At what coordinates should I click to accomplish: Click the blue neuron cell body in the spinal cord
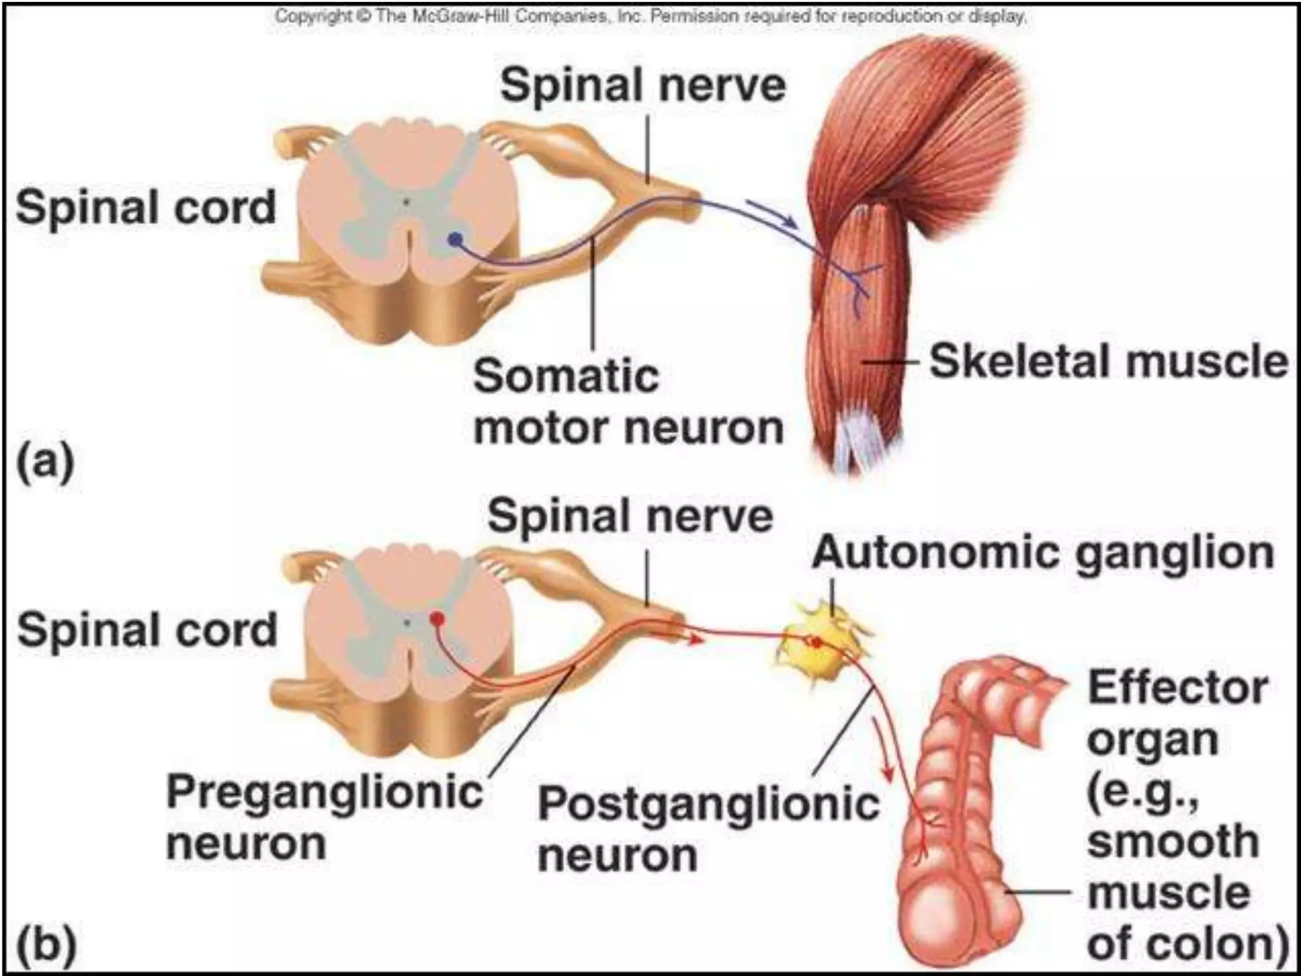click(455, 240)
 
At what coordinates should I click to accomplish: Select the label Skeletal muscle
click(1109, 362)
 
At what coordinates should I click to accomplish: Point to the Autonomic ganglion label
click(1042, 553)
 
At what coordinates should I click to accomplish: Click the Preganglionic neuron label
click(324, 817)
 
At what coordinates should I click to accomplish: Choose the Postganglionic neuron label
click(708, 829)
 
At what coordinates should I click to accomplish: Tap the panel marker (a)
click(45, 463)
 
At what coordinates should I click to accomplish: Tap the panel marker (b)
click(46, 944)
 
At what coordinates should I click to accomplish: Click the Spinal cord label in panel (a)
click(146, 208)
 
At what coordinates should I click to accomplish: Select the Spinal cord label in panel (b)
click(147, 630)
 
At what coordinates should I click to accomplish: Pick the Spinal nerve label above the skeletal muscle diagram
click(642, 86)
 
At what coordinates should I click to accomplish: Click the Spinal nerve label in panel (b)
click(630, 515)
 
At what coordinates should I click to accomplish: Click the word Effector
click(1178, 688)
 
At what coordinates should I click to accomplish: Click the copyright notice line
click(650, 16)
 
